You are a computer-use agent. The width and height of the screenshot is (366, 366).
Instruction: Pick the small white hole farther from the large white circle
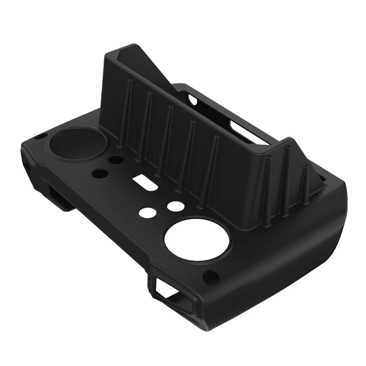pyautogui.click(x=147, y=212)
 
